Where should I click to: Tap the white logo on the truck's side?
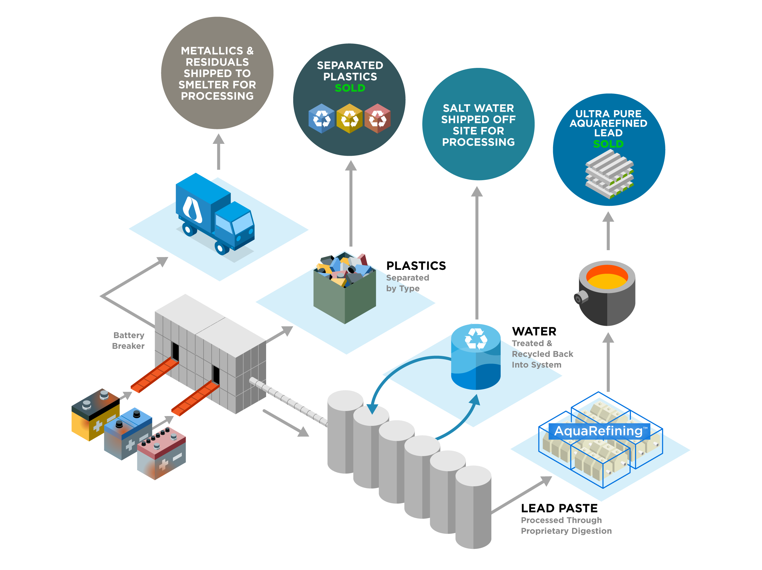click(192, 209)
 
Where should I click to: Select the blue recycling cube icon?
click(321, 119)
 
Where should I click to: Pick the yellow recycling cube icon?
click(349, 119)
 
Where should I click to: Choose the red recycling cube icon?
click(377, 119)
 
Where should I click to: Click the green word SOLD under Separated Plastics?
click(350, 88)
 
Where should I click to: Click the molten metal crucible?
click(605, 293)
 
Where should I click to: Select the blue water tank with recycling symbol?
click(476, 357)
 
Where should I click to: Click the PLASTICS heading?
click(416, 266)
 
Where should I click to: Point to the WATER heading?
click(534, 331)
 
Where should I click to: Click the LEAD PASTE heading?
click(559, 508)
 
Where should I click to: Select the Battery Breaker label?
click(129, 340)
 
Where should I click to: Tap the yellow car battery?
click(96, 415)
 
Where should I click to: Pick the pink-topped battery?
click(161, 453)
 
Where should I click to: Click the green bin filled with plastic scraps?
click(344, 288)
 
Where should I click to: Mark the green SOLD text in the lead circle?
click(608, 144)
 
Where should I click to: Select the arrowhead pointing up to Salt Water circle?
click(477, 191)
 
